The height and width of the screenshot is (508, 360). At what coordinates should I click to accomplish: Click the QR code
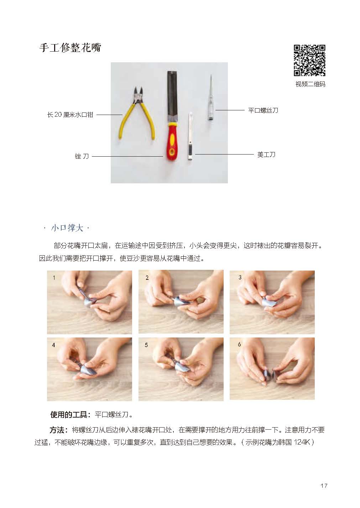pos(310,60)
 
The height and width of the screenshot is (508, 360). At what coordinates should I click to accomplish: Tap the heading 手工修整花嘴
pos(70,48)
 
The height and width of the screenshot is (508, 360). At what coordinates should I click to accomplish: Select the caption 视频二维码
pos(310,84)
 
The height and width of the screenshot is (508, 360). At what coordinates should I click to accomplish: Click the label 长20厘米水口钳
pos(70,115)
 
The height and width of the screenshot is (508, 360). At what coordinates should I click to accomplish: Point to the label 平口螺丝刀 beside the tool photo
pos(263,110)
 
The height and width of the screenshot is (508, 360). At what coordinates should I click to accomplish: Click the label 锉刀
pos(82,156)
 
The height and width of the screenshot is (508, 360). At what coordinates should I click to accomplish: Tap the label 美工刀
pos(266,155)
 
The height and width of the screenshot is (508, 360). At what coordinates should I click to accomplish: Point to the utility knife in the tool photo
pos(190,137)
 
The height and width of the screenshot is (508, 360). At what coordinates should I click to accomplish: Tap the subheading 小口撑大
pos(67,228)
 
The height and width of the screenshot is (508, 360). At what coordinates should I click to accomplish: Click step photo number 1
pos(89,302)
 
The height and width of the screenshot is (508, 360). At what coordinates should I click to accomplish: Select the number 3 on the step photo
pos(240,277)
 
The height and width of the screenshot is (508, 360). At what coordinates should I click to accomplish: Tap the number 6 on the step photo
pos(239,345)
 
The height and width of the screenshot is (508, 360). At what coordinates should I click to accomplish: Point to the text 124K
pos(301,442)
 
